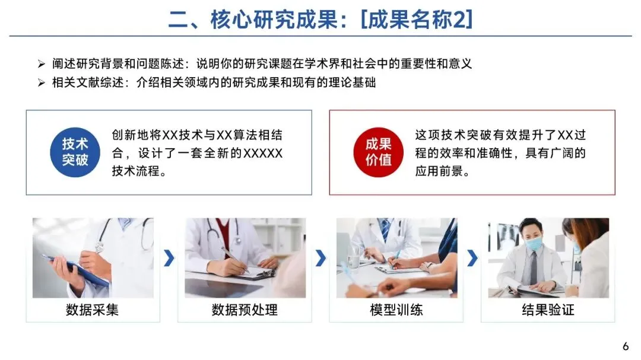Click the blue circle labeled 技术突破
(75, 152)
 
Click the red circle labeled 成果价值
(379, 152)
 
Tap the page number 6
(626, 346)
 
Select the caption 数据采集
(93, 310)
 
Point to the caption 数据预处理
(245, 310)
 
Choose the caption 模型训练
(396, 310)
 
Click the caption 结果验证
(548, 310)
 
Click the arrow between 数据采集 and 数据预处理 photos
(169, 258)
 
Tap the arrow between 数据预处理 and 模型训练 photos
(320, 258)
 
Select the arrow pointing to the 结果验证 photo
(472, 258)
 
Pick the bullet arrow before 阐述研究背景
(42, 63)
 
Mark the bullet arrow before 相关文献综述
(42, 83)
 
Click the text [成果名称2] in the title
(417, 19)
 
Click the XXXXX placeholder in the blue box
(263, 153)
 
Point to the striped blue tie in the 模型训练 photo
(385, 229)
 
